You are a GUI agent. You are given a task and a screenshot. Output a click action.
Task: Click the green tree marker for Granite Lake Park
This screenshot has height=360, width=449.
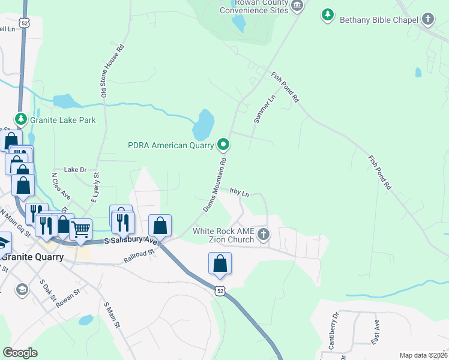21,119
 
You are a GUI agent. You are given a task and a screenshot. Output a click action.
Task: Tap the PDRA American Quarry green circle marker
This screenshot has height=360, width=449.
223,144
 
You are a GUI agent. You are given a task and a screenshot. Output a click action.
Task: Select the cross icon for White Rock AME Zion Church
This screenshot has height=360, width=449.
263,235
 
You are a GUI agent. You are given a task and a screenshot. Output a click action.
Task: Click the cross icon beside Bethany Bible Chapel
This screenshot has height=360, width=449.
428,19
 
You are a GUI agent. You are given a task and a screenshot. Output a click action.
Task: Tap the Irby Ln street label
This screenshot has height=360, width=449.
239,192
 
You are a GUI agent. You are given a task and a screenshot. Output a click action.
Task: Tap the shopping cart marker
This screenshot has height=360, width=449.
80,228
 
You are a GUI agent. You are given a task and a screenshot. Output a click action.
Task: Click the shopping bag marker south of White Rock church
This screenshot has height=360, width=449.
220,263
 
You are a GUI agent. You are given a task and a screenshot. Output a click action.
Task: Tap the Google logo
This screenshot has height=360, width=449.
20,353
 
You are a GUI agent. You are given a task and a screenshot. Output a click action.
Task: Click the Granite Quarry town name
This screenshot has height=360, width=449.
33,257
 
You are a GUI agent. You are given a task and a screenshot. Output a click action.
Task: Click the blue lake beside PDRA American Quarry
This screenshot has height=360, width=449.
203,124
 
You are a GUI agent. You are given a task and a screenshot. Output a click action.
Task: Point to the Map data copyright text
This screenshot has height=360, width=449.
424,355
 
